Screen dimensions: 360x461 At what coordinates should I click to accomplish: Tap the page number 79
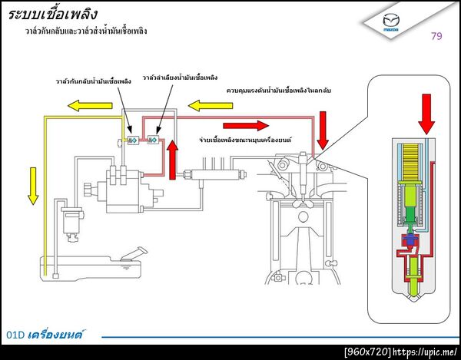436,36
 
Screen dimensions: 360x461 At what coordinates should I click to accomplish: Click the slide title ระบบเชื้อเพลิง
54,15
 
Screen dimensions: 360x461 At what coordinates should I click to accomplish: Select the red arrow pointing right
246,125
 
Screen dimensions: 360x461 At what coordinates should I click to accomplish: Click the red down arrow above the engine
322,130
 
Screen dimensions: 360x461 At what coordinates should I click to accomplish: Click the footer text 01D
15,335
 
